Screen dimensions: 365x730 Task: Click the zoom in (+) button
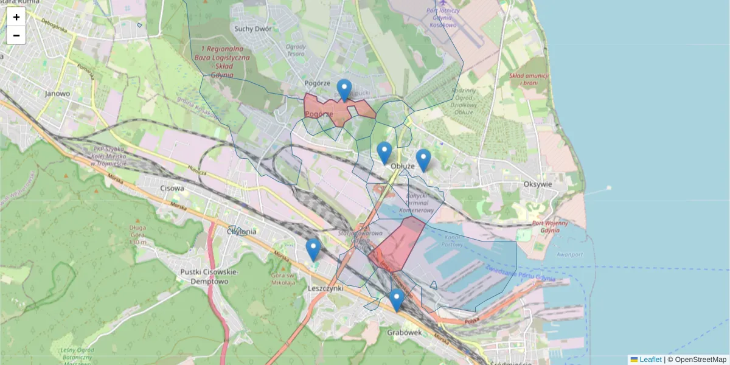pyautogui.click(x=16, y=17)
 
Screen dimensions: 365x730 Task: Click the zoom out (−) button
pyautogui.click(x=16, y=35)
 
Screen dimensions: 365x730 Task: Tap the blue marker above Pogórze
pyautogui.click(x=344, y=90)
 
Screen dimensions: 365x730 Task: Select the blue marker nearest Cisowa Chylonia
pyautogui.click(x=313, y=249)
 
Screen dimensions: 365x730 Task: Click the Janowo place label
pyautogui.click(x=58, y=94)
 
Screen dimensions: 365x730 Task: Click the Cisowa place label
pyautogui.click(x=172, y=189)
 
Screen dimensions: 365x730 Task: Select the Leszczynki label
pyautogui.click(x=327, y=289)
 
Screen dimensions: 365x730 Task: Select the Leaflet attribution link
pyautogui.click(x=650, y=360)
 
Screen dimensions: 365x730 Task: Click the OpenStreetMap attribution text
pyautogui.click(x=700, y=360)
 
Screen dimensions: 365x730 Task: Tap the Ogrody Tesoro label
pyautogui.click(x=296, y=50)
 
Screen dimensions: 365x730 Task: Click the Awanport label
pyautogui.click(x=552, y=255)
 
